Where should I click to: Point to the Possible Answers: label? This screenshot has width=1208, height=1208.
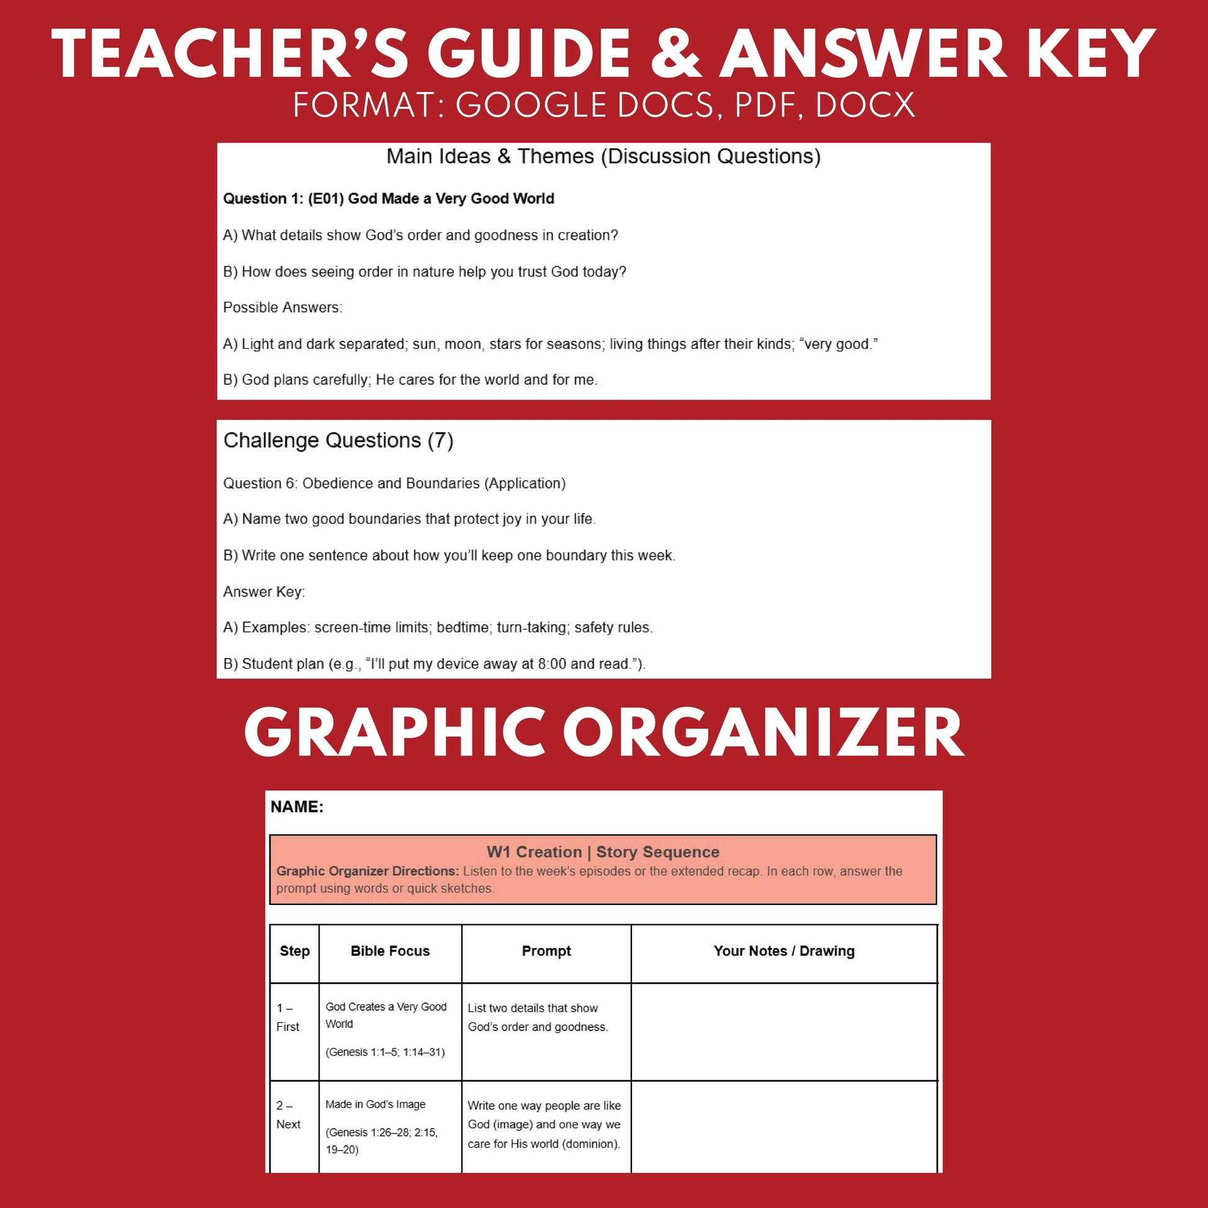coord(282,308)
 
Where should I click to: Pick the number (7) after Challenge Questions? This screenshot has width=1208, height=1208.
coord(440,441)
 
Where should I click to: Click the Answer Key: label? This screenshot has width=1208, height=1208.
coord(264,592)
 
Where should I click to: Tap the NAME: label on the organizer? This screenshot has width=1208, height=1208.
coord(297,807)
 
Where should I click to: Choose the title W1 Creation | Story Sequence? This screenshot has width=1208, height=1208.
coord(603,852)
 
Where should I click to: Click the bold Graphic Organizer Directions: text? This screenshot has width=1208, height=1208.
coord(367,872)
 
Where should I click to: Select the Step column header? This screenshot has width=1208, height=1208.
coord(294,951)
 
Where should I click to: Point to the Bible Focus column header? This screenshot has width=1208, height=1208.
coord(390,951)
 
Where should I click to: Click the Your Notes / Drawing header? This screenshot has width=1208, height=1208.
coord(783,951)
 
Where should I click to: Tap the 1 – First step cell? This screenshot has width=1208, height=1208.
coord(287,1017)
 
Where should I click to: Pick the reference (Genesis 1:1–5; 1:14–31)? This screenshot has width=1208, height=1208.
coord(385,1052)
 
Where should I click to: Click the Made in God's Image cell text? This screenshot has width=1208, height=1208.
coord(375,1105)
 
